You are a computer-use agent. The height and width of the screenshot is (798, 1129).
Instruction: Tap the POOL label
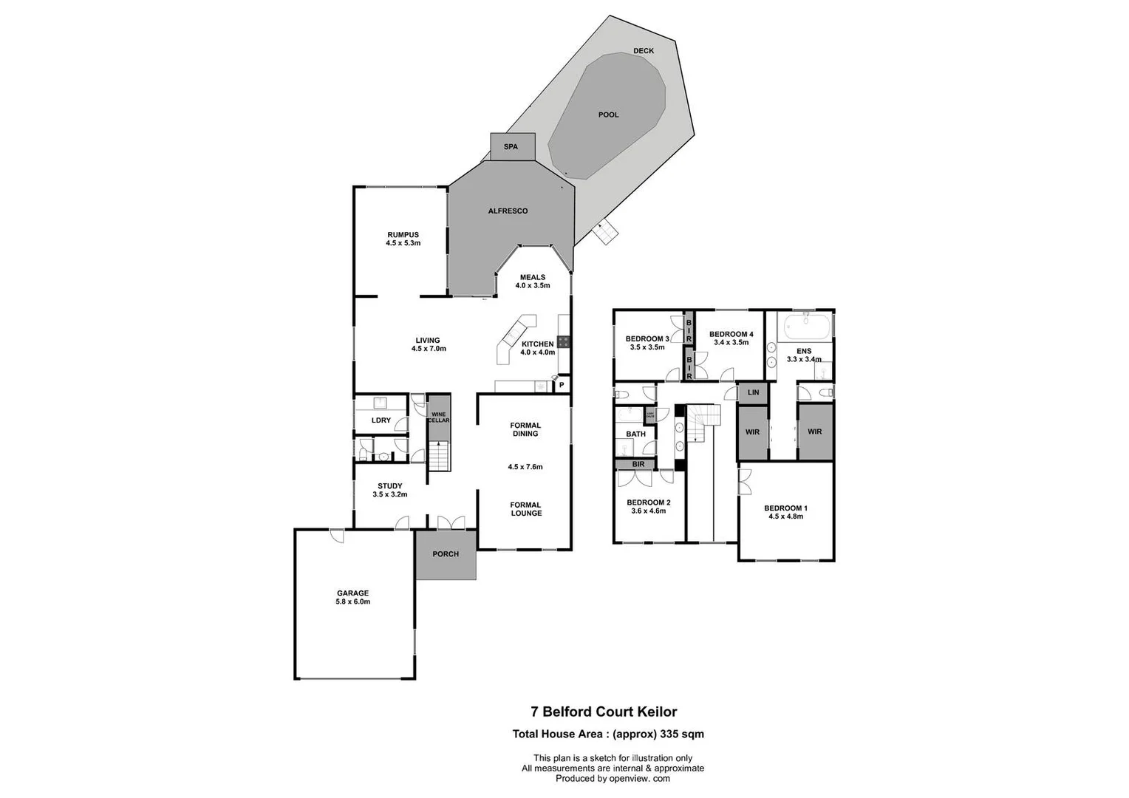tap(608, 115)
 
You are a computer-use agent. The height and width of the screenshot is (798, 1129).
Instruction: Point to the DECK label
tap(643, 51)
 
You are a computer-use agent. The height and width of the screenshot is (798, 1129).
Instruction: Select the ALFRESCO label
tap(508, 211)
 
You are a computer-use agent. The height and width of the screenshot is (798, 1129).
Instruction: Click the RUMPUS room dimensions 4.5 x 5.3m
tap(403, 243)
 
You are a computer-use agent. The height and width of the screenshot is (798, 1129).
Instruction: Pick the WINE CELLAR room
tap(439, 417)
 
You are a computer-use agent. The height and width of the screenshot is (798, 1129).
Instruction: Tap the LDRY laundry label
tap(381, 420)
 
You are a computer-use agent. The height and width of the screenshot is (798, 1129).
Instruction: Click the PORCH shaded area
tap(446, 554)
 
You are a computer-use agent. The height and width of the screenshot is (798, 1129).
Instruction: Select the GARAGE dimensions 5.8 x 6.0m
tap(352, 601)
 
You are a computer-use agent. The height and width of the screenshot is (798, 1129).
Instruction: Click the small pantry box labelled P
tap(562, 385)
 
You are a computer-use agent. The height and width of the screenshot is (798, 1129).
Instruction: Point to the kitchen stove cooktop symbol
tap(563, 341)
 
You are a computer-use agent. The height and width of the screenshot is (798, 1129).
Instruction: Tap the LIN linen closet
tap(753, 392)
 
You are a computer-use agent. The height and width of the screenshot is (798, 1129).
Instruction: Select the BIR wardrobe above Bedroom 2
tap(638, 464)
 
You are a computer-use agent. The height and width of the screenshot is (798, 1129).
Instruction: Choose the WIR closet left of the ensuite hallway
tap(752, 432)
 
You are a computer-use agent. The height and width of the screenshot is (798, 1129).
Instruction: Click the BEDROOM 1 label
tap(785, 508)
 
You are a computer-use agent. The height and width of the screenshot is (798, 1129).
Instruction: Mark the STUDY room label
tap(389, 486)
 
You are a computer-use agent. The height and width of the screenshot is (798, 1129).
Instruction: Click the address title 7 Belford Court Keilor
tap(604, 712)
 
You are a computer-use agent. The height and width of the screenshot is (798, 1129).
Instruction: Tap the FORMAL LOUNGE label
tap(525, 509)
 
